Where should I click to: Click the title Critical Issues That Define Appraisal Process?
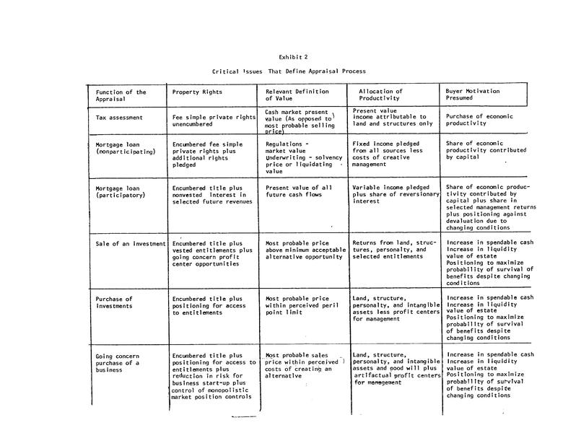click(x=289, y=71)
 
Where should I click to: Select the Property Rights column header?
click(x=198, y=92)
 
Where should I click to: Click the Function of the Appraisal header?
click(x=121, y=96)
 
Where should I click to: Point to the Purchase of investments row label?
click(x=114, y=302)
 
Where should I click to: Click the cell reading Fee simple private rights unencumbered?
click(x=214, y=121)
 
